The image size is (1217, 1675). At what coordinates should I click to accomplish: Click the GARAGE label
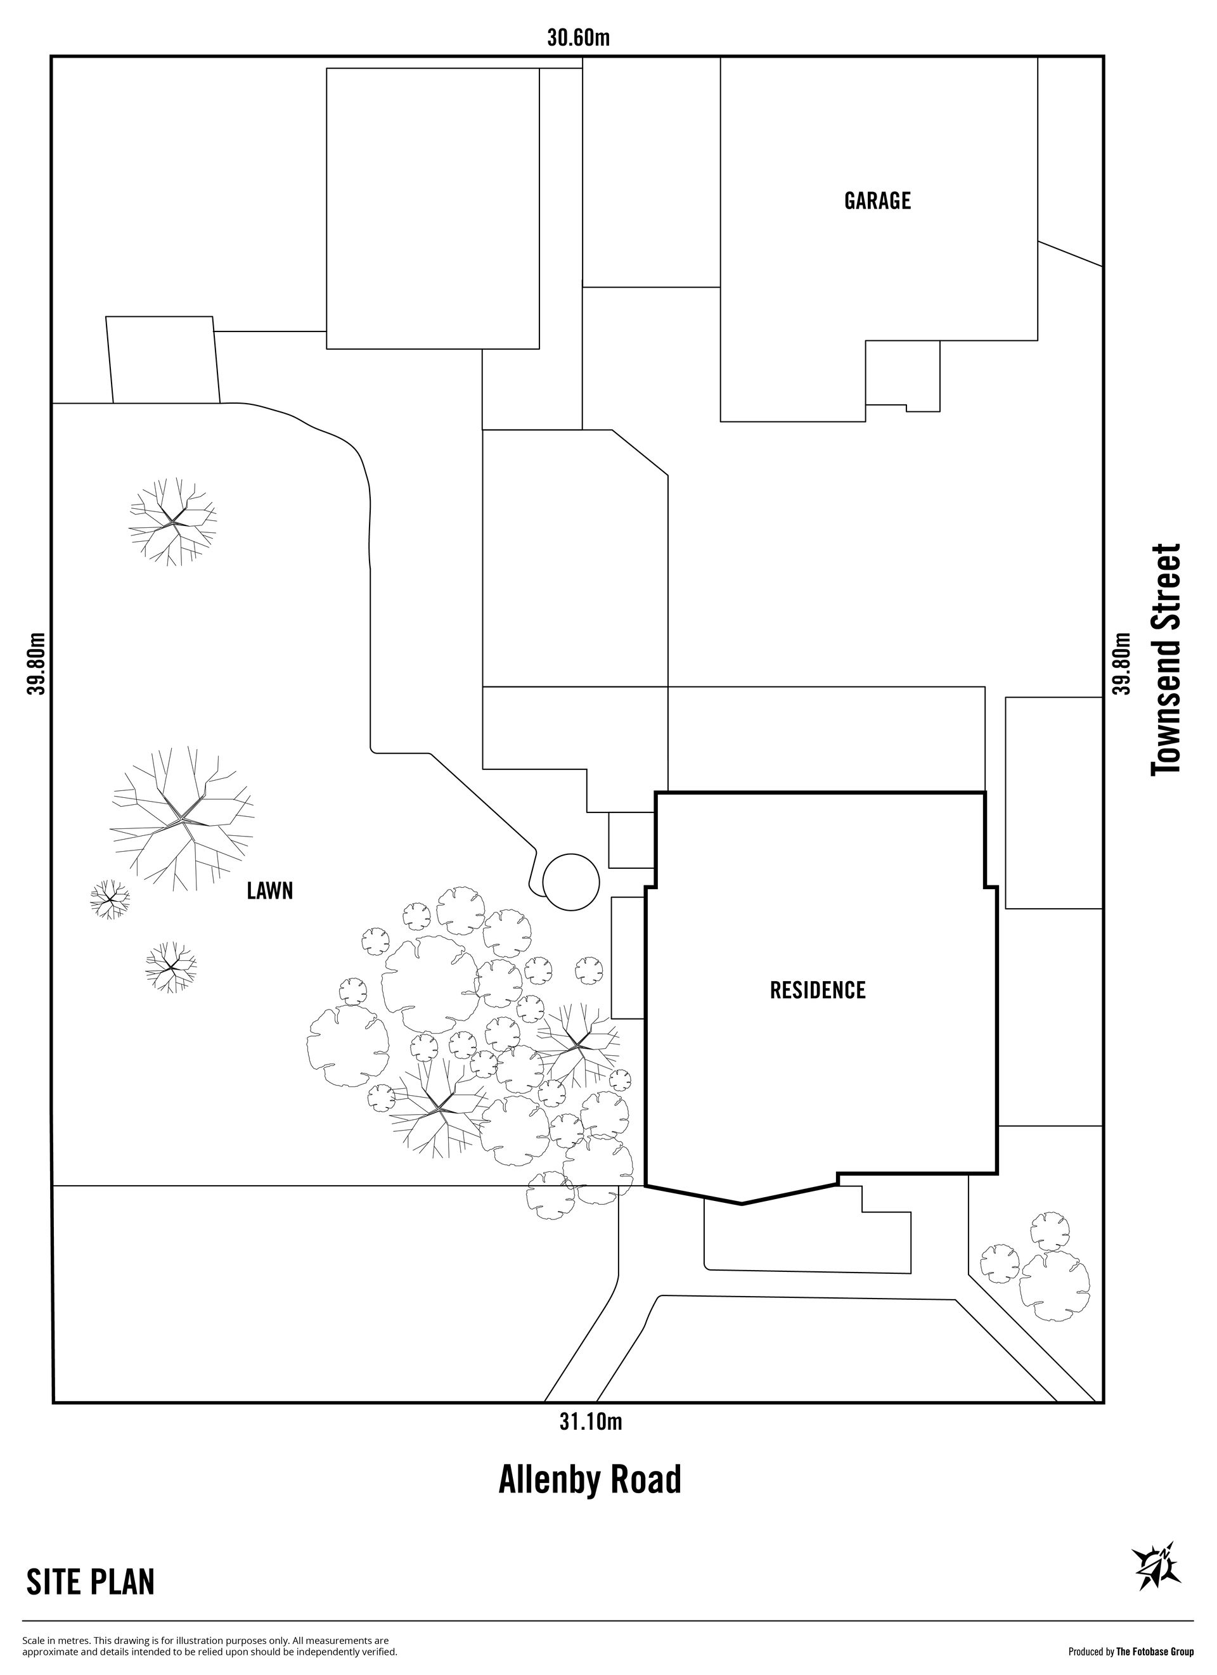(x=877, y=201)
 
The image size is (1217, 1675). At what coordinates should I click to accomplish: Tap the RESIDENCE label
(x=818, y=990)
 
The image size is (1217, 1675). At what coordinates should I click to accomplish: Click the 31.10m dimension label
(x=590, y=1422)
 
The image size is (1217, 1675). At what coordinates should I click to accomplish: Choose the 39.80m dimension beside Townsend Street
(x=1122, y=663)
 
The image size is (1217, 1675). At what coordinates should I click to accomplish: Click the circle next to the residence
(x=571, y=881)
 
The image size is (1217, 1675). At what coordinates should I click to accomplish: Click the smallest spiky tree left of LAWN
(x=109, y=899)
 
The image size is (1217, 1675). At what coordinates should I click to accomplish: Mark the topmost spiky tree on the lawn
(x=174, y=522)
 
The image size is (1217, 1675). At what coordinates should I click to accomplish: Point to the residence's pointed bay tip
(x=742, y=1204)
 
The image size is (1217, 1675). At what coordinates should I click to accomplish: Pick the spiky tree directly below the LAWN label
(x=171, y=966)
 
